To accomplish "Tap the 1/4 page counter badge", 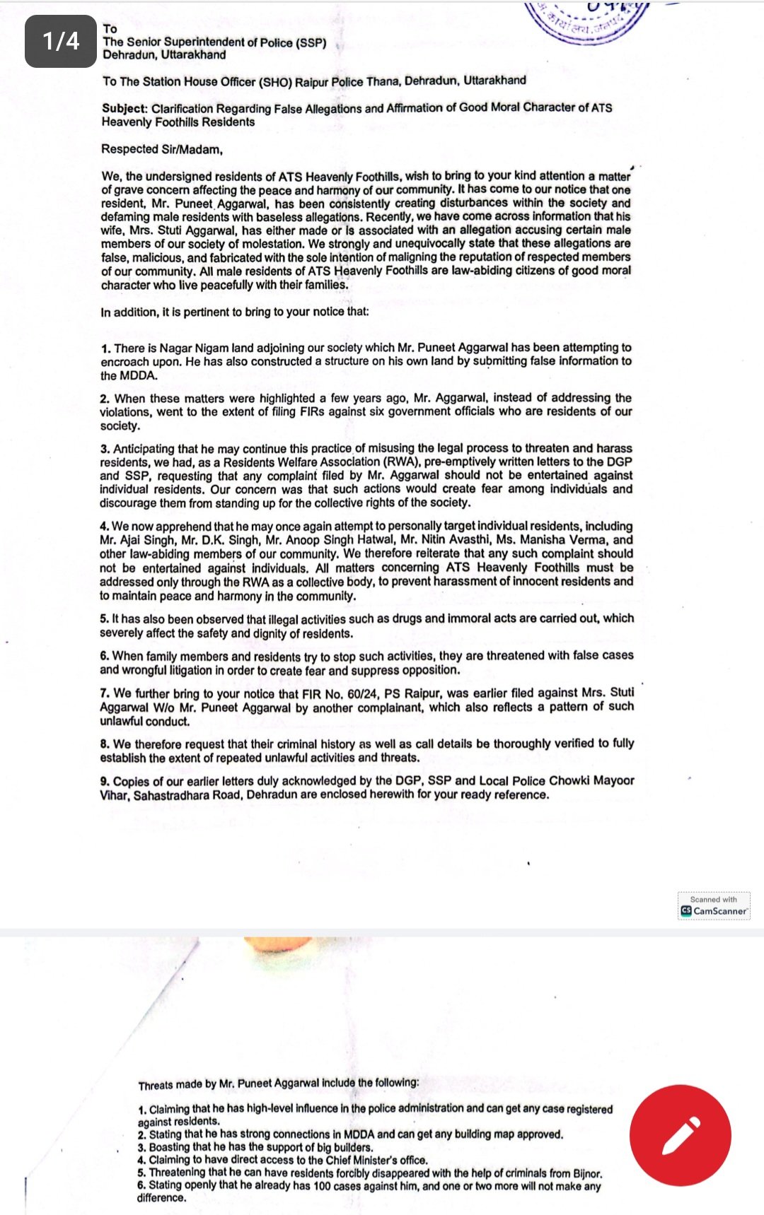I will click(x=61, y=41).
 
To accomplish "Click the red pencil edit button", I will click(x=680, y=1135).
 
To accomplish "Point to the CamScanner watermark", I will click(x=714, y=906).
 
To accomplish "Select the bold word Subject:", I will click(x=125, y=108).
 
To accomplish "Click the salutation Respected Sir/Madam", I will click(x=161, y=149).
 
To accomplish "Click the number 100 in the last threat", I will click(x=322, y=1185).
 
